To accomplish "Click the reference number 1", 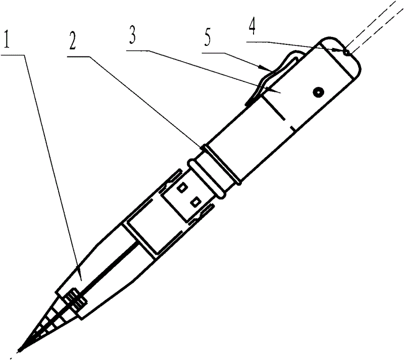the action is point(7,39).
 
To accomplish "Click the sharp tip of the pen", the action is point(19,351).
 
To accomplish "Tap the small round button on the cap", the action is point(319,92).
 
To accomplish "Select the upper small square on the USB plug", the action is point(182,188).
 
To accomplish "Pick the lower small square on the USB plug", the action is point(195,201).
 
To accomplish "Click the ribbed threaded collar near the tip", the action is point(75,300).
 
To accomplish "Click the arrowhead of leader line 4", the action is point(339,51).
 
